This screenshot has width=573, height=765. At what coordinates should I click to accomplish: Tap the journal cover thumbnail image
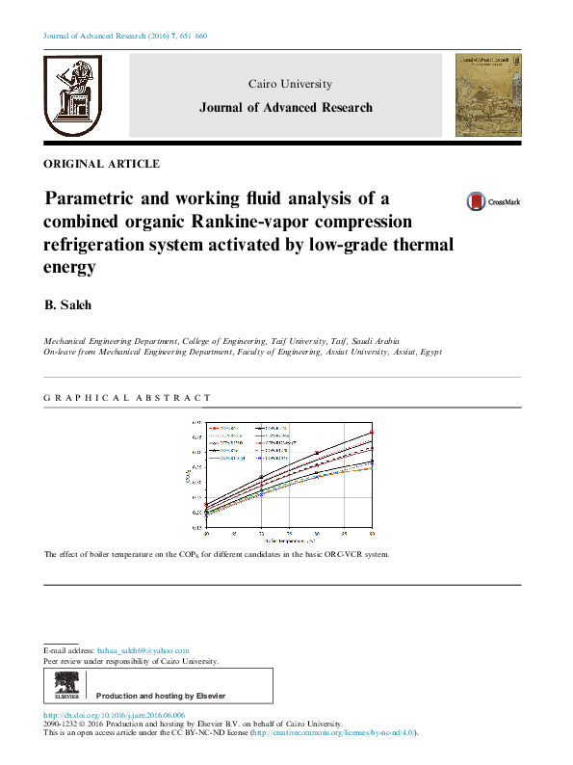[x=488, y=94]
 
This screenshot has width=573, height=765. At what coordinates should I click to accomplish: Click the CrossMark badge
[x=492, y=201]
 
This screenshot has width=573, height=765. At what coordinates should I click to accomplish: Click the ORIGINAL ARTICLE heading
[x=102, y=164]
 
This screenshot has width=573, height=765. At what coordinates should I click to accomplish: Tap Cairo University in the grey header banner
[x=290, y=85]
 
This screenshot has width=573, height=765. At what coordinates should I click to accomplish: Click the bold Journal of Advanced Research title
[x=285, y=108]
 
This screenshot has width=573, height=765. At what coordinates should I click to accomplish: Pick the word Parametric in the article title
[x=94, y=199]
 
